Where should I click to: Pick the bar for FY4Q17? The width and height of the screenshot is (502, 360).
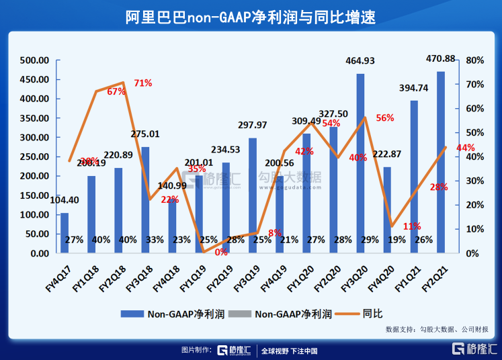[x=65, y=232]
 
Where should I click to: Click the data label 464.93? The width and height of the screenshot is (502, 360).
[x=360, y=61]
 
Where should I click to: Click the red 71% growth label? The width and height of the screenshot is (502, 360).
[x=142, y=83]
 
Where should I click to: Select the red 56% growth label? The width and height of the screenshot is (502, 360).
[x=385, y=118]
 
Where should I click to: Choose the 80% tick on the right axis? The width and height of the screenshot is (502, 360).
[x=475, y=60]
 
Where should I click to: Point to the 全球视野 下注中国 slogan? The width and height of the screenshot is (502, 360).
[x=289, y=350]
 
